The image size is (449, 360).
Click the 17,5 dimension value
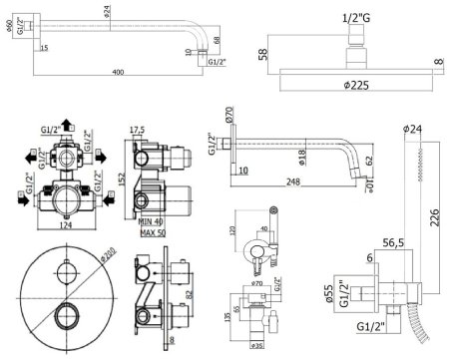139,129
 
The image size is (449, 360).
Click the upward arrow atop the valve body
66,125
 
